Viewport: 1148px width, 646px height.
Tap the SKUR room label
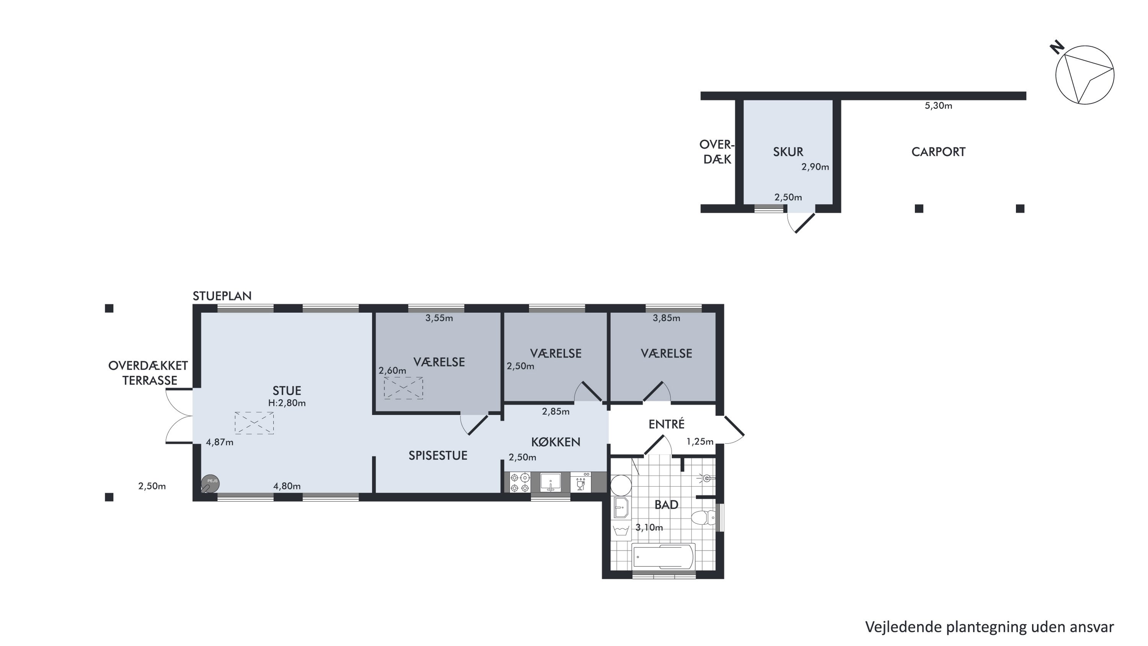pos(788,152)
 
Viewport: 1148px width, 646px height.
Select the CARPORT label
pos(938,152)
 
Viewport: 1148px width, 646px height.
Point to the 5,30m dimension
pos(938,106)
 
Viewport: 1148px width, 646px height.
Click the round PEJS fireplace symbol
pos(210,483)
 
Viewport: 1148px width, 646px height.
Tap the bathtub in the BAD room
pos(663,557)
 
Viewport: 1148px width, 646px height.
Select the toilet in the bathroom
pos(704,518)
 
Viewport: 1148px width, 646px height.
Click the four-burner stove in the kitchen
pos(520,482)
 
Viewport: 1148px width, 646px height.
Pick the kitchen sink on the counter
pos(550,482)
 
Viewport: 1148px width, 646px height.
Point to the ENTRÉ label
pos(666,424)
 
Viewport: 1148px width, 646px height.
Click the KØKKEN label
pos(555,442)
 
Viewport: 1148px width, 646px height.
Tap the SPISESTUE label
pos(438,456)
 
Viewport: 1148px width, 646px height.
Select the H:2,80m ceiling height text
pos(287,403)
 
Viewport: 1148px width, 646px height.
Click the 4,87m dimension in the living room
pos(219,442)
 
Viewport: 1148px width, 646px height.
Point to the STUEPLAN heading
pos(222,296)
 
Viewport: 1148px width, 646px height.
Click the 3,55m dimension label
pos(439,318)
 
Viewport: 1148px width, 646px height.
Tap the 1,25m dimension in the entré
pos(700,442)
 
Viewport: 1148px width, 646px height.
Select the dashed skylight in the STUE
pos(254,423)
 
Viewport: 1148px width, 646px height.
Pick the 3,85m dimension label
pos(666,318)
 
